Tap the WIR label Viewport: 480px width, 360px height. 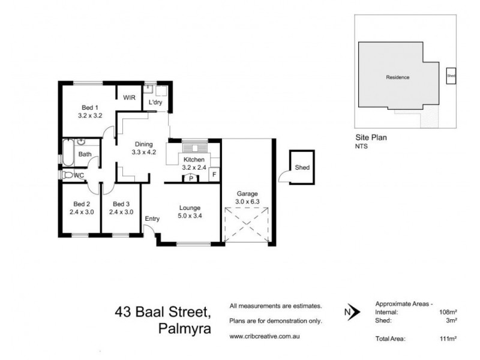click(x=130, y=97)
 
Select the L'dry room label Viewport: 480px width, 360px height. click(x=155, y=103)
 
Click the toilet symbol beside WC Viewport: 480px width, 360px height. click(x=67, y=175)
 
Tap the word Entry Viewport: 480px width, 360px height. click(x=152, y=219)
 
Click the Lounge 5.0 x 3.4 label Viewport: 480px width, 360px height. click(x=189, y=212)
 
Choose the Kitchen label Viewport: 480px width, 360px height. click(x=194, y=164)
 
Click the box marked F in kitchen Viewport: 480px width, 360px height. click(x=212, y=175)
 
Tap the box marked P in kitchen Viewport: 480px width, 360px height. click(x=190, y=178)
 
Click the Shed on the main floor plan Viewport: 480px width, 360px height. click(x=302, y=167)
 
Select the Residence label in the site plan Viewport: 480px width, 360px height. click(x=397, y=77)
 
